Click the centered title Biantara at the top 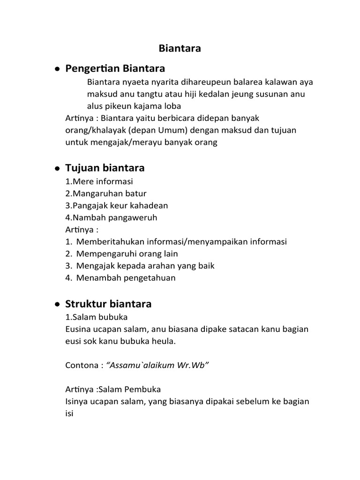(x=180, y=48)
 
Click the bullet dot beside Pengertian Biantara (x=56, y=69)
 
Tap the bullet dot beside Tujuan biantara (x=56, y=168)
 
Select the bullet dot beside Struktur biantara (x=56, y=304)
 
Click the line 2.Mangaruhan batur (x=106, y=193)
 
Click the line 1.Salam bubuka (x=96, y=317)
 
